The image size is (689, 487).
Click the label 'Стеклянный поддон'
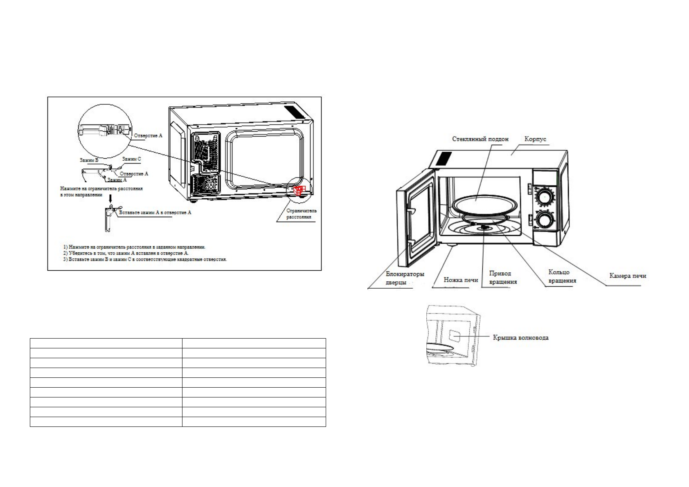pos(480,139)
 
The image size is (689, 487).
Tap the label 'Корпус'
pos(535,139)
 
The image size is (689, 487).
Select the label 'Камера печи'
pos(628,276)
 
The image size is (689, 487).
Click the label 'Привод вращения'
pos(503,277)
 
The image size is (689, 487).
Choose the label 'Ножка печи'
pos(461,280)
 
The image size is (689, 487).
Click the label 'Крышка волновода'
pos(520,338)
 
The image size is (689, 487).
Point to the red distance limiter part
pos(299,191)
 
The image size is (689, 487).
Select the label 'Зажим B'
pos(89,160)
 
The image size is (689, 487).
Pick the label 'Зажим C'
pos(131,158)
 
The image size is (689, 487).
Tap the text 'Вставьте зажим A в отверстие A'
pos(155,213)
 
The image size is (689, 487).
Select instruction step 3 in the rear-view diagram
pos(145,259)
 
